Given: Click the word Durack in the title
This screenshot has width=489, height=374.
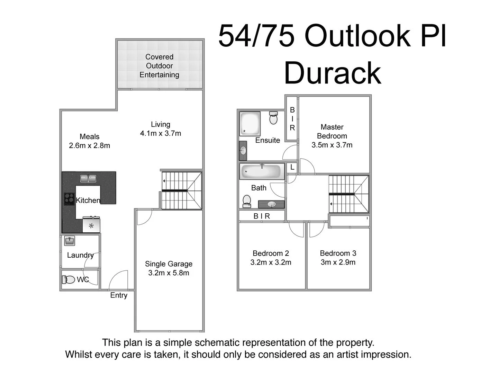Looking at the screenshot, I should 332,73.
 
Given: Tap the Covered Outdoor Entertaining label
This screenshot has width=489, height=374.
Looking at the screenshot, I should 159,66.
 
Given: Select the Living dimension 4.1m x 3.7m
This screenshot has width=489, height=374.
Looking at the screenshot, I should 161,133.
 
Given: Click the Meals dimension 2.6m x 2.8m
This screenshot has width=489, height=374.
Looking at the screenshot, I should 89,145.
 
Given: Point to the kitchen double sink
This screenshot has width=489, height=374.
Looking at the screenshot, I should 88,178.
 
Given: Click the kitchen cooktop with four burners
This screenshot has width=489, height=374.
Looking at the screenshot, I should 69,199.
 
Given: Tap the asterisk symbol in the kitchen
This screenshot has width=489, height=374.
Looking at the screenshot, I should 91,226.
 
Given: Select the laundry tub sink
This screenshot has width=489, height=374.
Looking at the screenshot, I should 70,241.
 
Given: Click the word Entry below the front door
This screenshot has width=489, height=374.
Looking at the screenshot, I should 119,295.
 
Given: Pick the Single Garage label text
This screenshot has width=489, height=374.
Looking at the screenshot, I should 169,264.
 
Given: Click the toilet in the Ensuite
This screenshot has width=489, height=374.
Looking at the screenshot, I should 273,118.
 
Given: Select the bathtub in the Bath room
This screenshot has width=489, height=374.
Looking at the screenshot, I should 262,171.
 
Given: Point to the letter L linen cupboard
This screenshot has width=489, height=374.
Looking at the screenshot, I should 292,167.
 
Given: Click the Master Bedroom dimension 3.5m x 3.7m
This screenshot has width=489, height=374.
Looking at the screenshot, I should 332,145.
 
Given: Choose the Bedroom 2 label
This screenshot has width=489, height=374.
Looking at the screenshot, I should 271,253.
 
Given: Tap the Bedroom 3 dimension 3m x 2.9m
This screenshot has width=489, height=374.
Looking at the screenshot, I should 338,262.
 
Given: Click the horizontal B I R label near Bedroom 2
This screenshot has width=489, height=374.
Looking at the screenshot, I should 262,216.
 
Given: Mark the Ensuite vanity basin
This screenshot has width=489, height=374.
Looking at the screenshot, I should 244,151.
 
